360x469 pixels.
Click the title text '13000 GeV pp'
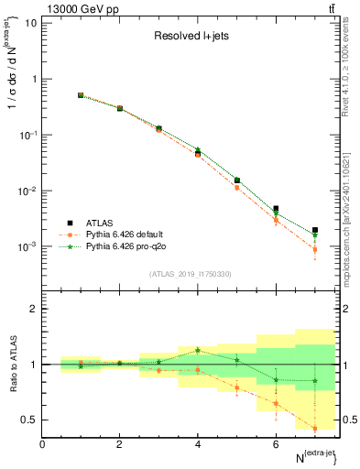point(74,8)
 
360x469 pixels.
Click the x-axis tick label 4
point(198,444)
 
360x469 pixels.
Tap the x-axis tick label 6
point(276,444)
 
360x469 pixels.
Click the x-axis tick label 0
point(42,444)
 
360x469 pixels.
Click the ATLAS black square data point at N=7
point(314,230)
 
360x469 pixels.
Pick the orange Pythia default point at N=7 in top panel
point(314,249)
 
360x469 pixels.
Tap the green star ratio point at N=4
point(198,350)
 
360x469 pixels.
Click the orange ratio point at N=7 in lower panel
point(314,428)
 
